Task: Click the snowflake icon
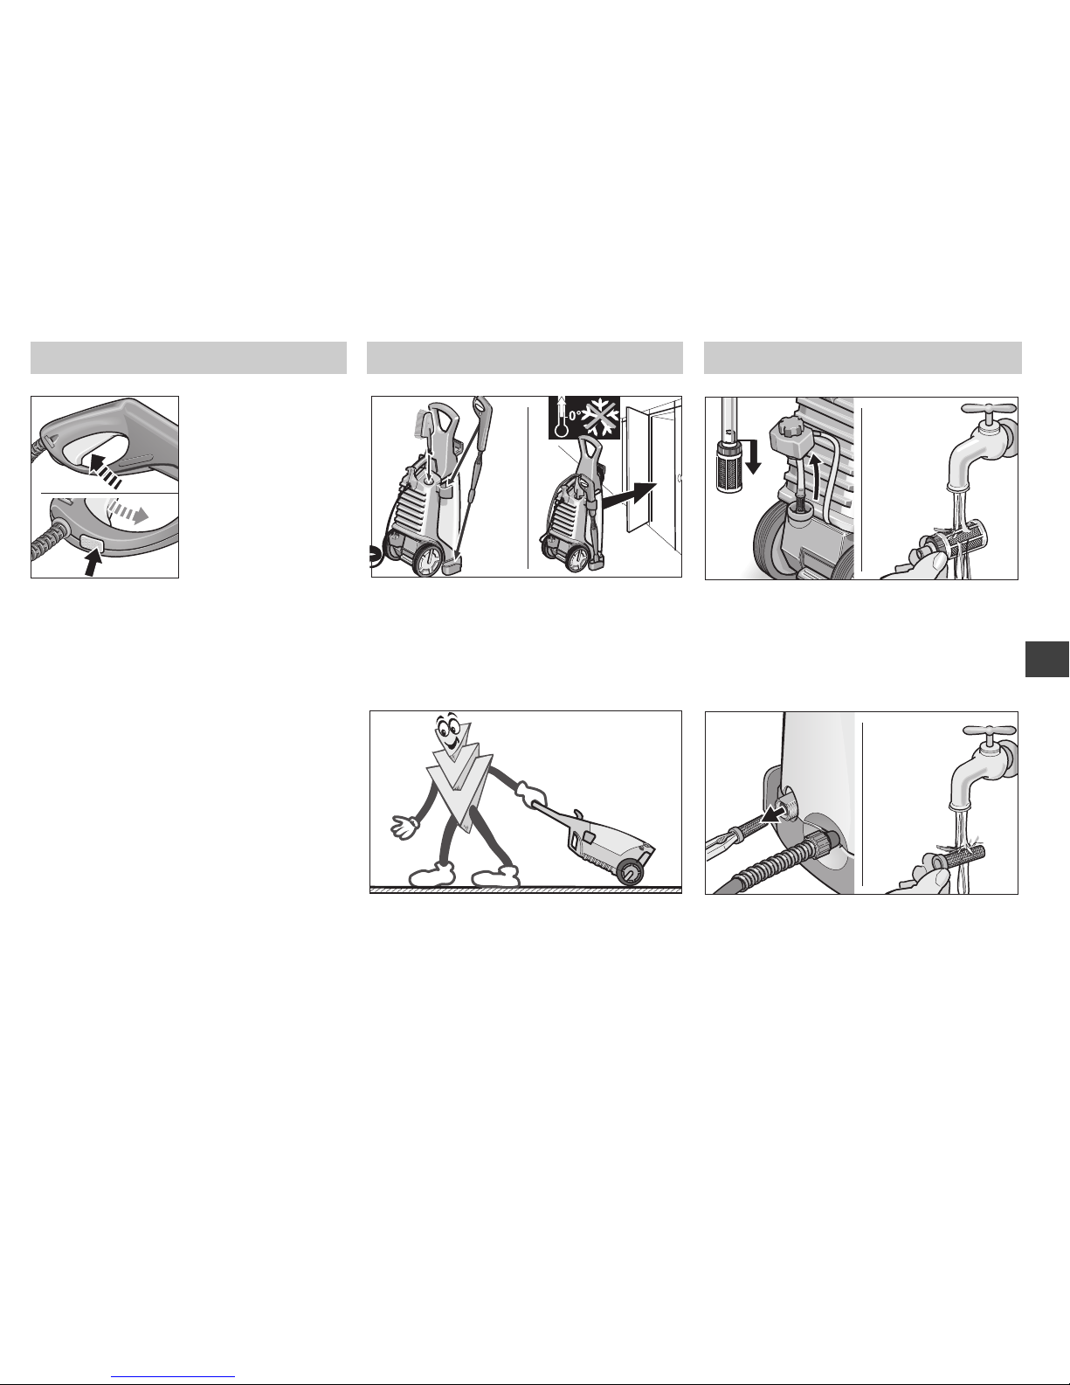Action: click(x=601, y=418)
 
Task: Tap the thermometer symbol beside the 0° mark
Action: click(x=561, y=417)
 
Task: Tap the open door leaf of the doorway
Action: click(x=638, y=470)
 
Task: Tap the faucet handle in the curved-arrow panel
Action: click(x=989, y=409)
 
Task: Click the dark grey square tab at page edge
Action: click(x=1047, y=659)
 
